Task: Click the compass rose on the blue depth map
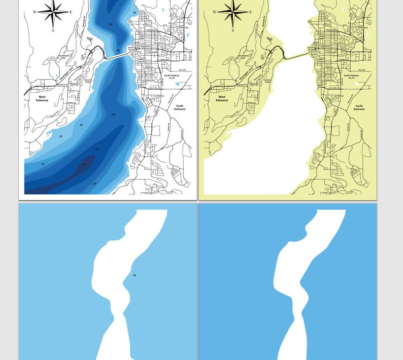pyautogui.click(x=53, y=12)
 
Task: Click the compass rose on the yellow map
pyautogui.click(x=232, y=12)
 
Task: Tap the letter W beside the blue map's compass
pyautogui.click(x=35, y=12)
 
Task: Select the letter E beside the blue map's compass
pyautogui.click(x=71, y=12)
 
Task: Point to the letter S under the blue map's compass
pyautogui.click(x=53, y=30)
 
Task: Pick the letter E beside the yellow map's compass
pyautogui.click(x=251, y=12)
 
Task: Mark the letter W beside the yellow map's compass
pyautogui.click(x=214, y=12)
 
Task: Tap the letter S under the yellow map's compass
pyautogui.click(x=232, y=30)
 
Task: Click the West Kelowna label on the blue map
pyautogui.click(x=42, y=98)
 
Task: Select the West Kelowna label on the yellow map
pyautogui.click(x=222, y=98)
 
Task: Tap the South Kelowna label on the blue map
pyautogui.click(x=179, y=107)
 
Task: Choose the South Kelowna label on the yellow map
pyautogui.click(x=359, y=107)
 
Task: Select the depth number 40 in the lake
pyautogui.click(x=81, y=125)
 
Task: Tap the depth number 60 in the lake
pyautogui.click(x=43, y=164)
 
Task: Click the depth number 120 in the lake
pyautogui.click(x=96, y=150)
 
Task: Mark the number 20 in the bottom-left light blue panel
pyautogui.click(x=135, y=275)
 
